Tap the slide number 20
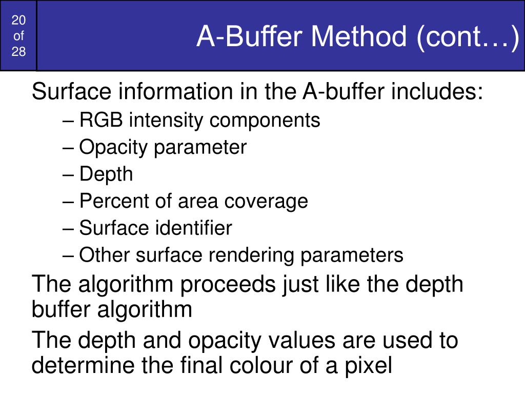[18, 21]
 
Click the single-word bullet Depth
[106, 174]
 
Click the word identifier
[194, 228]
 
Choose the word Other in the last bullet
[102, 254]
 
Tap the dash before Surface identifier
[70, 228]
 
